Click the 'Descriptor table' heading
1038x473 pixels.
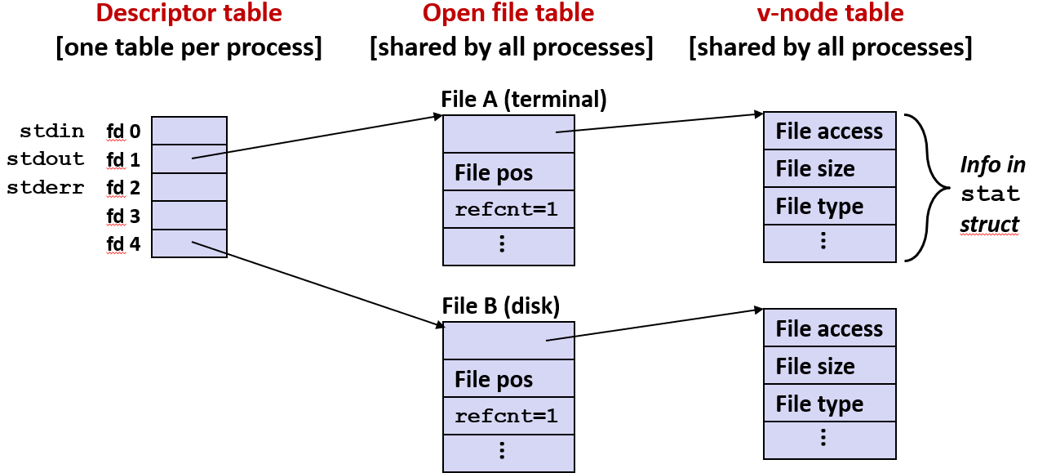(x=189, y=13)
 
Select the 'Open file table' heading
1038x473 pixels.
(x=508, y=13)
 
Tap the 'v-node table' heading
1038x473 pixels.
(x=829, y=13)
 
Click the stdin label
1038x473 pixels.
(x=52, y=131)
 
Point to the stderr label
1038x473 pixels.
(x=46, y=188)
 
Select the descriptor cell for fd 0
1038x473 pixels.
(x=189, y=131)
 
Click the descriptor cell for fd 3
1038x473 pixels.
(x=189, y=216)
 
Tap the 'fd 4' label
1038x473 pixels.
(x=123, y=243)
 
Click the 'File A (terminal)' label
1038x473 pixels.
(x=524, y=100)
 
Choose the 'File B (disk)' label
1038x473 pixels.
(x=501, y=306)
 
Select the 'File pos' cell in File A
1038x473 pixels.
(x=508, y=173)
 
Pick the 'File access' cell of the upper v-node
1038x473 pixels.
(x=829, y=132)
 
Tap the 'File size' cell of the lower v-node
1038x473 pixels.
(x=829, y=367)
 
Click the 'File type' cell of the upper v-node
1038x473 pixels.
(x=829, y=207)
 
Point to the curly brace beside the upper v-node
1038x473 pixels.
(x=926, y=188)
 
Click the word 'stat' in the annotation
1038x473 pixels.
(x=990, y=194)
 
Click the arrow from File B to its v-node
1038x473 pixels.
(x=653, y=325)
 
